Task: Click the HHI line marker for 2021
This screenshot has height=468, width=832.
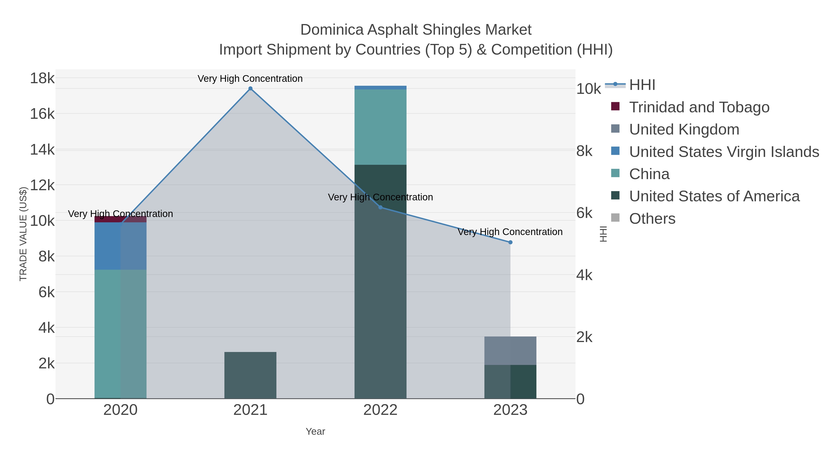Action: pyautogui.click(x=250, y=89)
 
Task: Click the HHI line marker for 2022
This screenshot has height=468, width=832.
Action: pyautogui.click(x=380, y=207)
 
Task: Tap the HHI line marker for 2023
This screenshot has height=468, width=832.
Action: pyautogui.click(x=510, y=242)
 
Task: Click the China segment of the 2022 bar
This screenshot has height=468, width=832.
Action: pyautogui.click(x=380, y=127)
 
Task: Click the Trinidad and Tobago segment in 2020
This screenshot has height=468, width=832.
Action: pyautogui.click(x=120, y=219)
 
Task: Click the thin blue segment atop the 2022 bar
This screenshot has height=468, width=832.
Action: pyautogui.click(x=380, y=88)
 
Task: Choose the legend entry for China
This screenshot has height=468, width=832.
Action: pyautogui.click(x=649, y=174)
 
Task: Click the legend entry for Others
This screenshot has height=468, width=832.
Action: pyautogui.click(x=652, y=219)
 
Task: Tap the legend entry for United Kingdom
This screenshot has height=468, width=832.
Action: pyautogui.click(x=684, y=129)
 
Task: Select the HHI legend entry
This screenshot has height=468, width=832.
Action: pyautogui.click(x=642, y=85)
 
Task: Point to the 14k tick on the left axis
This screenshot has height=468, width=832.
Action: pyautogui.click(x=42, y=150)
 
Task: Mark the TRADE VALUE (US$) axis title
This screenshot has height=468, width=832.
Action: pyautogui.click(x=23, y=234)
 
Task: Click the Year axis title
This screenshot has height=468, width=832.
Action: pyautogui.click(x=315, y=431)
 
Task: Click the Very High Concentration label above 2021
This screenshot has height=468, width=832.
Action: pyautogui.click(x=250, y=79)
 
